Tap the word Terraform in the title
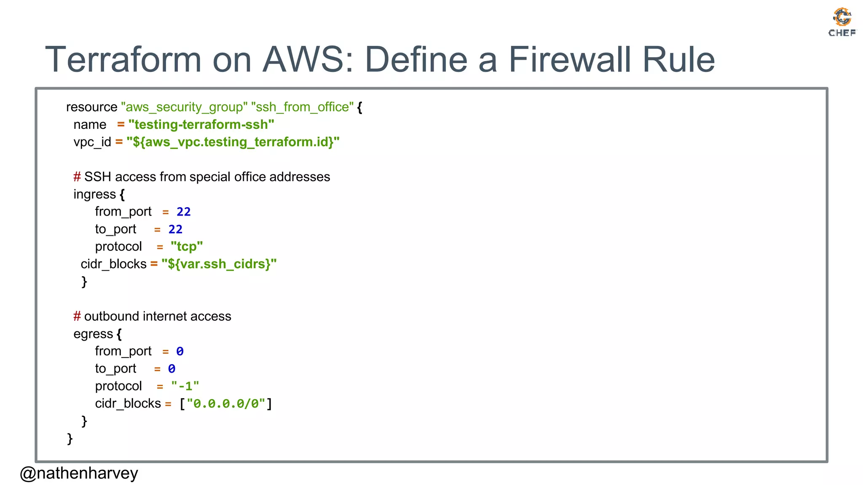123,59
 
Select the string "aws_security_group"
184,107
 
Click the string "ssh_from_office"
302,107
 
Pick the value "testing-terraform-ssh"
201,125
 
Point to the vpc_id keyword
92,142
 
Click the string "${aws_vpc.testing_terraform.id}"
233,142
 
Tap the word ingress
94,194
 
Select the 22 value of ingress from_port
183,212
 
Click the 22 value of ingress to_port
175,229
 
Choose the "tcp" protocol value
187,246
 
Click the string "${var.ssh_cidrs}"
219,264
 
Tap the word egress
93,334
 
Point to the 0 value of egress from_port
180,351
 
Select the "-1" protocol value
185,386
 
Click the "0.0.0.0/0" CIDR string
226,404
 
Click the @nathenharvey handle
79,473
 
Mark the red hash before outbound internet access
77,316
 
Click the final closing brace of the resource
70,438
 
